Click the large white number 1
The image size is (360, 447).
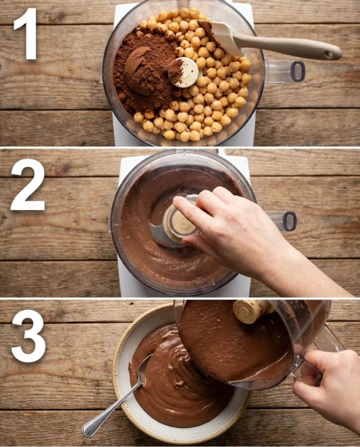coord(27,34)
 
